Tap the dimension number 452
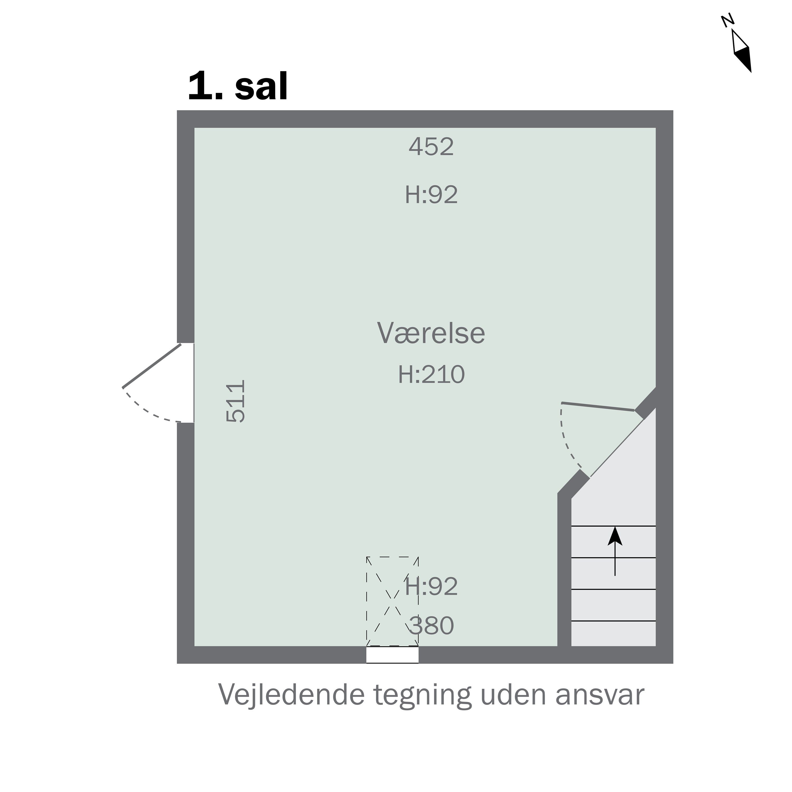[x=431, y=147]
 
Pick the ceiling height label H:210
[x=431, y=374]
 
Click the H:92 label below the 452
[x=431, y=195]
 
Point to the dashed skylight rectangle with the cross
[x=392, y=601]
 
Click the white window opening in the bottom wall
[x=392, y=655]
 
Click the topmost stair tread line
[x=613, y=526]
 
